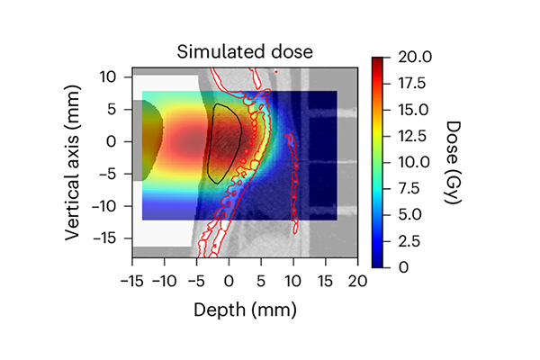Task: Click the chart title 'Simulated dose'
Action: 245,50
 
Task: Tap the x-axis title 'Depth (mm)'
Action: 245,310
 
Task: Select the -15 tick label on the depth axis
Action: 131,281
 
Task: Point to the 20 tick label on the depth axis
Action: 358,281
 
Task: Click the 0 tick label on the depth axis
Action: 229,281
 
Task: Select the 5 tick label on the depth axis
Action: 261,281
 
